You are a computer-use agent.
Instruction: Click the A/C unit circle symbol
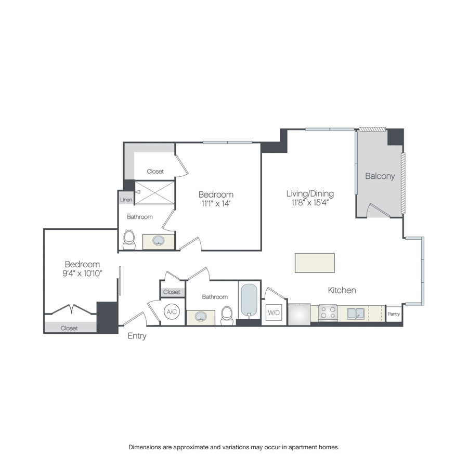172,311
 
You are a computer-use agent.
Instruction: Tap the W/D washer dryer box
274,313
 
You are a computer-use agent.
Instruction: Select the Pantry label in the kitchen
394,314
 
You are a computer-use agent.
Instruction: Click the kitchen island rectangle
315,263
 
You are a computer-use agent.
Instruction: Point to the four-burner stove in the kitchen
328,313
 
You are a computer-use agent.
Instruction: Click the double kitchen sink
356,313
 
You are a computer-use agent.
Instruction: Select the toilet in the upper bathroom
128,240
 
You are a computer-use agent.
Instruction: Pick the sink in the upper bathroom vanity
159,241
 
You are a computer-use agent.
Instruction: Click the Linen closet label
126,200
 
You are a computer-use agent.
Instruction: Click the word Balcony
380,176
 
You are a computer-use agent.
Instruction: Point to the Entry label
137,336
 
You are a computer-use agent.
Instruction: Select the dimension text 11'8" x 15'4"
310,203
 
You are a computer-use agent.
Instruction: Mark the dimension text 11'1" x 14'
215,203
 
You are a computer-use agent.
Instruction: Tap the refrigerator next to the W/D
299,314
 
